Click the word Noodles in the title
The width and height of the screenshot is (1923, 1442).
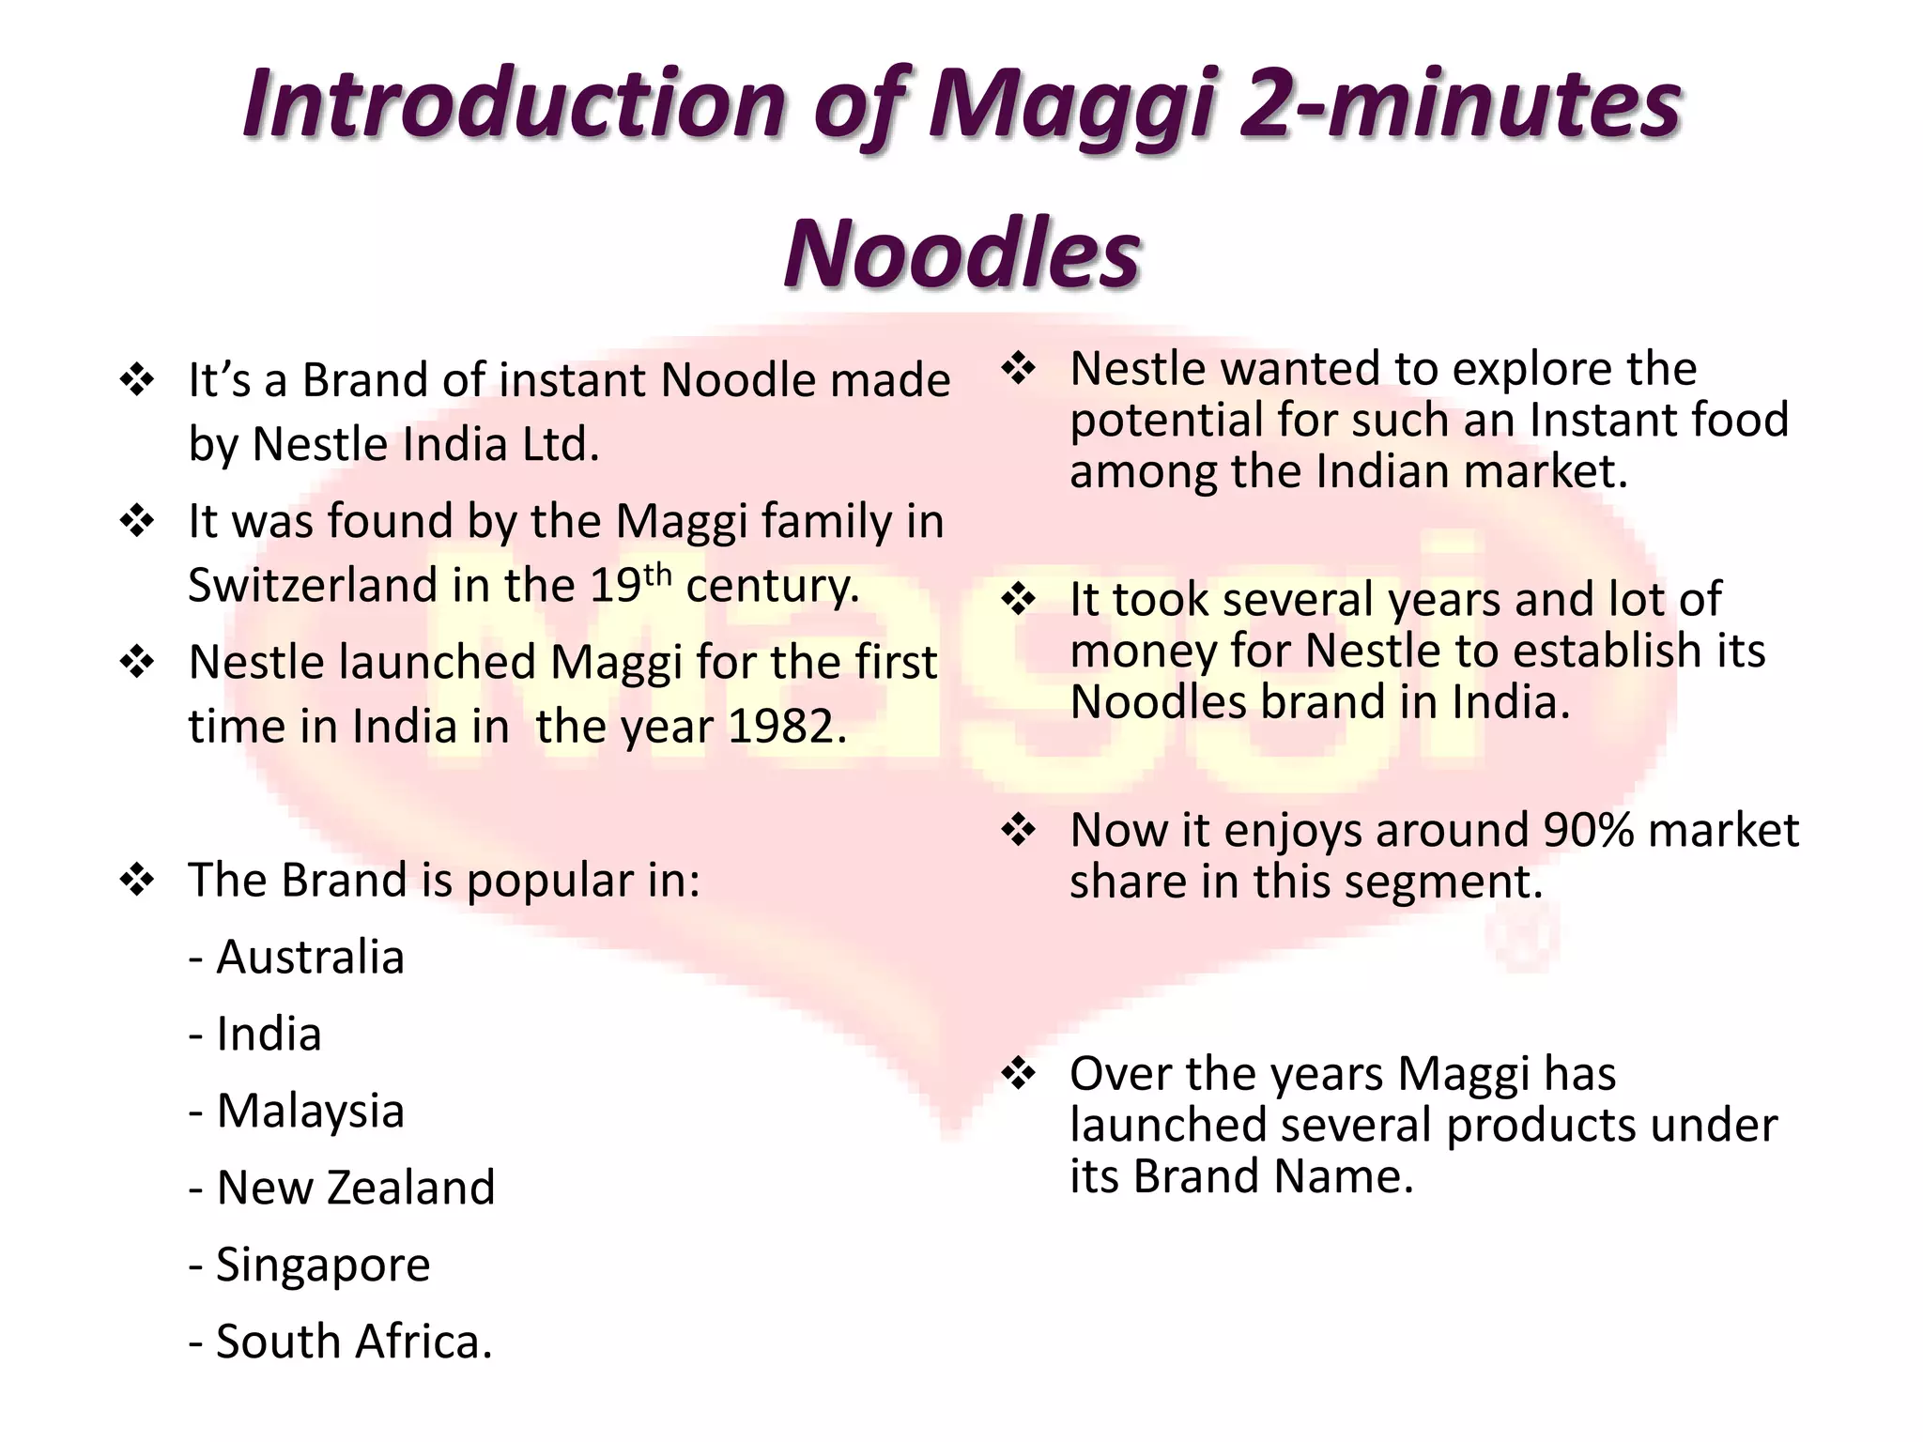961,253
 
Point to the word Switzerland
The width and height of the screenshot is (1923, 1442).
313,585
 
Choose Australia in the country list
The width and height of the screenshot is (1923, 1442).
310,958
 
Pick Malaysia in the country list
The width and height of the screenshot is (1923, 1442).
310,1111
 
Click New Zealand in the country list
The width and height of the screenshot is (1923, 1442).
355,1188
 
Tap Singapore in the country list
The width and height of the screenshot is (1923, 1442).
323,1265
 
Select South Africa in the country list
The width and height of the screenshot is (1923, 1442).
353,1342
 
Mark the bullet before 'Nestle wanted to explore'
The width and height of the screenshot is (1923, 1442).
1019,368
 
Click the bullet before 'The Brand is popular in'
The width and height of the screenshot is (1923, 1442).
137,881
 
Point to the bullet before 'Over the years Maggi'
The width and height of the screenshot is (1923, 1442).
1019,1074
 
